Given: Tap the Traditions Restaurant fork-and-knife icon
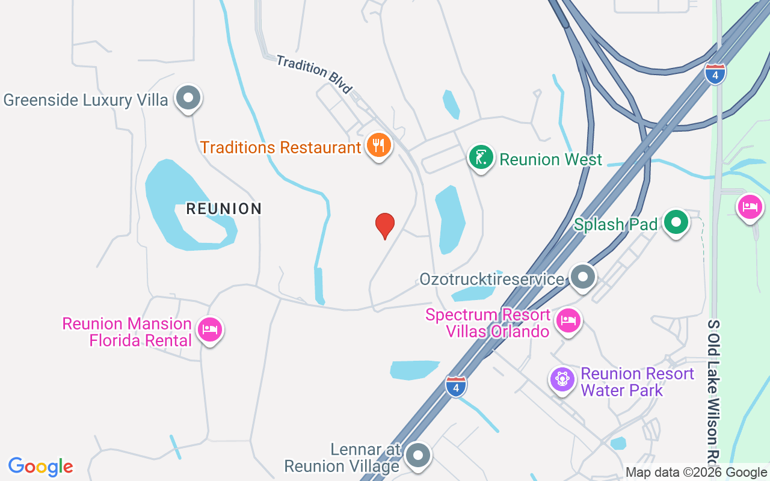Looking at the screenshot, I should coord(378,146).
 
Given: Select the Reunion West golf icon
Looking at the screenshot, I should coord(481,158).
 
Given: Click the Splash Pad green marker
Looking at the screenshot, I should coord(676,222).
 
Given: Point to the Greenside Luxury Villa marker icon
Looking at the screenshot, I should coord(188,97).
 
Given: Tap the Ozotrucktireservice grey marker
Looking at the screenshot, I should coord(582,277).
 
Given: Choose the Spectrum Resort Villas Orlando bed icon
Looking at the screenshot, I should coord(568,320).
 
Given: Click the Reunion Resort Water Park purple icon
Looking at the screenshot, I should coord(562,379).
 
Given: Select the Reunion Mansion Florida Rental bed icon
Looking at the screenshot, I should coord(209,329).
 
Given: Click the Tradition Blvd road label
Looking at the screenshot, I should coord(314,73).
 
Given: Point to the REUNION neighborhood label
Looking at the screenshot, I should coord(224,209).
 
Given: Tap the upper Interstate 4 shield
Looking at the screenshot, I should coord(715,73).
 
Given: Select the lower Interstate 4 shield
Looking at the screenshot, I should coord(456,386).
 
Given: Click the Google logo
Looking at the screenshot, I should coord(41,466).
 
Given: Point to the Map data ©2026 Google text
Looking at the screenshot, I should coord(696,473).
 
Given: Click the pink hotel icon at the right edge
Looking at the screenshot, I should coord(750,207).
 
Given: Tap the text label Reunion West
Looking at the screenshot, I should coord(550,159).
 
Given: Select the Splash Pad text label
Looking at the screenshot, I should coord(615,224).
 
